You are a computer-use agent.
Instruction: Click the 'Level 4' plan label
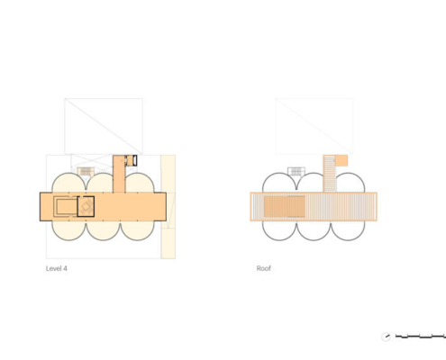point(57,268)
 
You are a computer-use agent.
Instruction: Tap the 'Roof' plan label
point(264,268)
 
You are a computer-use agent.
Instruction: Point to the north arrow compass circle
point(387,337)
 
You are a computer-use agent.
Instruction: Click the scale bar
point(421,337)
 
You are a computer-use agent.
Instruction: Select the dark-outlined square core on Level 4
point(86,206)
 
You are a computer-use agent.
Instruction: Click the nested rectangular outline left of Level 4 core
point(66,206)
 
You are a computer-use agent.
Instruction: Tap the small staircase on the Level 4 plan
point(86,172)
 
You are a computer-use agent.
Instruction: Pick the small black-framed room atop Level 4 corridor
point(131,160)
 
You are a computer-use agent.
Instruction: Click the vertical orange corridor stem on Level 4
point(119,174)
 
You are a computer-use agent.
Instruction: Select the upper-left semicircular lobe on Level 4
point(68,183)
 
